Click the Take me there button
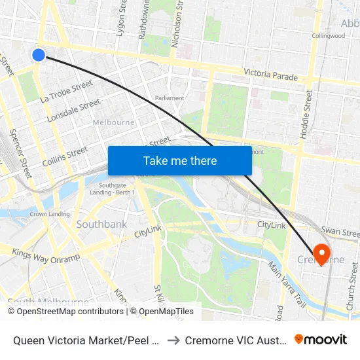pos(179,160)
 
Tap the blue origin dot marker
pos(39,55)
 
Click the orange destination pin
pos(321,253)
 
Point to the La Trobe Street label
pos(66,92)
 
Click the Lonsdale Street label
pos(74,110)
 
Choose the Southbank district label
pos(101,224)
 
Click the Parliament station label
pos(169,98)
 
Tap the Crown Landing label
pos(50,214)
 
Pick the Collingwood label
pos(328,36)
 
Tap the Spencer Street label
pos(20,153)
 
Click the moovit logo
pos(321,339)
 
